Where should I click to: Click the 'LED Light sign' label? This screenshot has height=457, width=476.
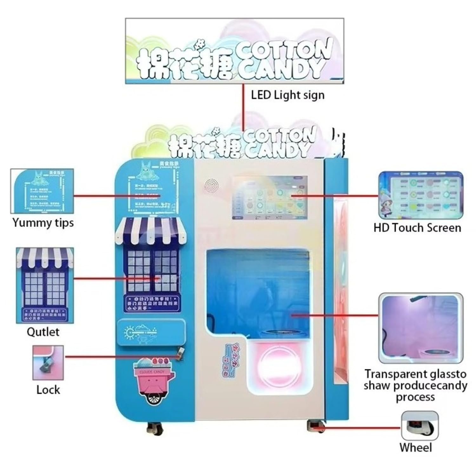(288, 95)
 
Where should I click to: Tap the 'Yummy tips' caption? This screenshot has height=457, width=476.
(43, 223)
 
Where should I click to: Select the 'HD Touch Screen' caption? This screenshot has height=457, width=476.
(417, 228)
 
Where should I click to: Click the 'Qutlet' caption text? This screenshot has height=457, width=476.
(43, 332)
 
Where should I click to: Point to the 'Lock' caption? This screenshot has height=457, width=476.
(48, 390)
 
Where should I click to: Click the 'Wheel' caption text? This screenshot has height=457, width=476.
(415, 447)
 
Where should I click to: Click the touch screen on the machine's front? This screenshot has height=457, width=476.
(270, 198)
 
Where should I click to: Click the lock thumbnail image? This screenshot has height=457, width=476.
(48, 363)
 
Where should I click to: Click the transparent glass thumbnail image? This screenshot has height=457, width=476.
(420, 328)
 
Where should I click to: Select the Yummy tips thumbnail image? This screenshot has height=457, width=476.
(42, 191)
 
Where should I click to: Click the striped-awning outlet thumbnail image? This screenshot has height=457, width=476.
(45, 285)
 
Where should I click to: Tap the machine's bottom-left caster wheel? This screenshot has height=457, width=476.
(154, 428)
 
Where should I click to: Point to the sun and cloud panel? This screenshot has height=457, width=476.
(151, 332)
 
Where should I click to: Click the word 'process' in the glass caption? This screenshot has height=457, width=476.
(415, 397)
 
